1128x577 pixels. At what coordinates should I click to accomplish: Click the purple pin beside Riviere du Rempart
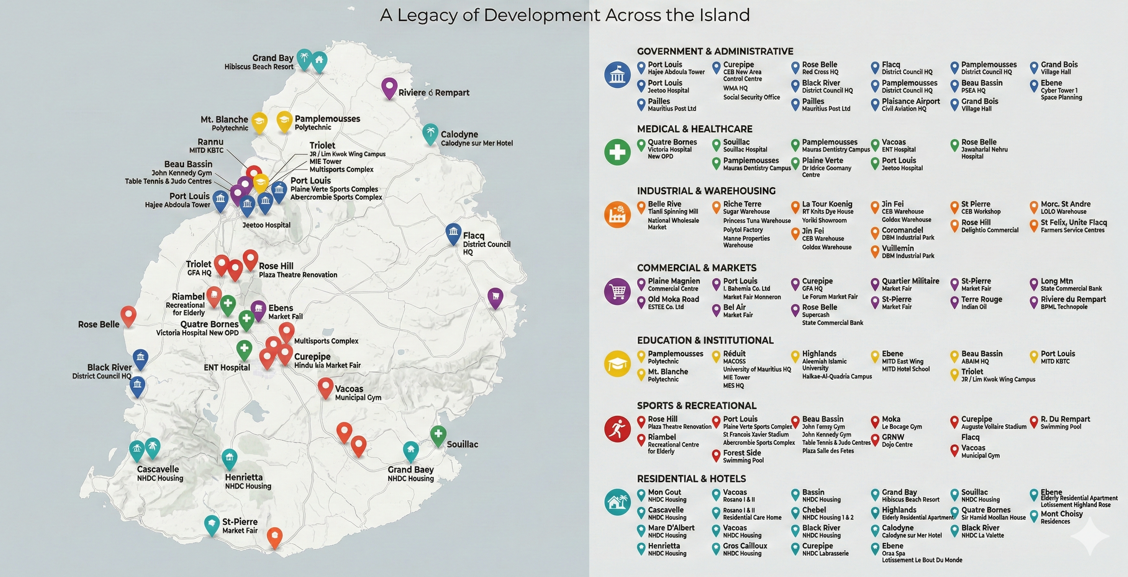click(x=389, y=87)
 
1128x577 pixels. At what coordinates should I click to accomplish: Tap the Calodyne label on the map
click(x=459, y=134)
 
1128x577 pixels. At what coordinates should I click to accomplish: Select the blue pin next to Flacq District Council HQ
click(x=453, y=233)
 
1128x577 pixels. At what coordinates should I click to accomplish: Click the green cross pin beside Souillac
click(x=438, y=435)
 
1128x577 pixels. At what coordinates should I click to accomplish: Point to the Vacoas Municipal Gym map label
click(x=357, y=393)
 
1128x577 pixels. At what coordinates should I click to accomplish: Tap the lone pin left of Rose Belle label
click(x=128, y=315)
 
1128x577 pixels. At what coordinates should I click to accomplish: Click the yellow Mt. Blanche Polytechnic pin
click(x=259, y=121)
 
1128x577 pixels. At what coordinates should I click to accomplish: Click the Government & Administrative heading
click(x=715, y=51)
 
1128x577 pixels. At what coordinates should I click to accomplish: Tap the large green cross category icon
click(x=617, y=152)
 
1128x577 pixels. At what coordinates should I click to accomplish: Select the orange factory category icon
click(x=617, y=215)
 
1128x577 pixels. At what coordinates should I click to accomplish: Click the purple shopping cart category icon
click(x=617, y=291)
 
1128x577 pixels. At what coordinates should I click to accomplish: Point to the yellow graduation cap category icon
click(x=617, y=364)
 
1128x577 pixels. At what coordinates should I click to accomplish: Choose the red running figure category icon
click(x=617, y=429)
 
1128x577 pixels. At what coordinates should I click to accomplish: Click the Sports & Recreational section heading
click(x=696, y=406)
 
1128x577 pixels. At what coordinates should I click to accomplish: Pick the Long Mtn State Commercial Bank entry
click(x=1071, y=285)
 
